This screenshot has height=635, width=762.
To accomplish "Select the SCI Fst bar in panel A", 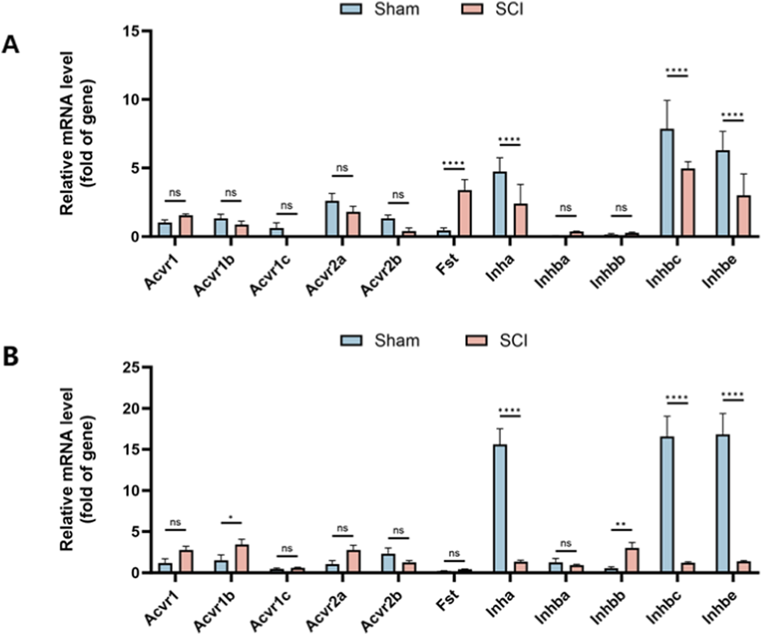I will click(x=465, y=214).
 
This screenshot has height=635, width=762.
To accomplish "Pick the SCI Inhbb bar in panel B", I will click(x=632, y=560).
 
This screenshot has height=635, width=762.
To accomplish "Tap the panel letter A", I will click(x=10, y=44).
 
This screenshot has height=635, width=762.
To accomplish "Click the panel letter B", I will click(x=10, y=357).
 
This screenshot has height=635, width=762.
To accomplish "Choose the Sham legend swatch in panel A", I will click(x=351, y=8).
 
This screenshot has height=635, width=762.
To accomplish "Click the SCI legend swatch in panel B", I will click(x=476, y=340).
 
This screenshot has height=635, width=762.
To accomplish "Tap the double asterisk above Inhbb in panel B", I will click(x=621, y=525).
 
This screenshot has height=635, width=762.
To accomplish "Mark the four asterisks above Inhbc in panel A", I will click(x=677, y=70).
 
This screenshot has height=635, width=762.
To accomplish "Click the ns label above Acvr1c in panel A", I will click(x=286, y=206).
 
